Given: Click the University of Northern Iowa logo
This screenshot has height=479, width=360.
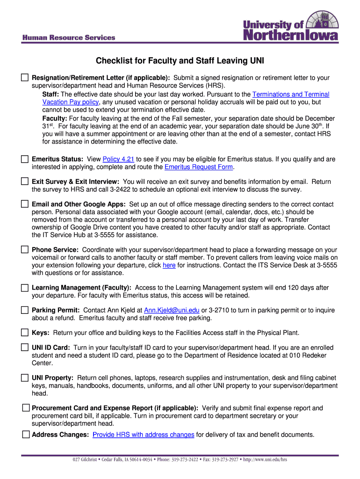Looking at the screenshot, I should (290, 27).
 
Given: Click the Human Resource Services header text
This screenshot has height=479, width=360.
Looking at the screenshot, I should (69, 37).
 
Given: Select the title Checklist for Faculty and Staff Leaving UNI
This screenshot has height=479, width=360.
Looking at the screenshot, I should (180, 61).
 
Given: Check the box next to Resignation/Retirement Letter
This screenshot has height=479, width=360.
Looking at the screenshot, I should (25, 77).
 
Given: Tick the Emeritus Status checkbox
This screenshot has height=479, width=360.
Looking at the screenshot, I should (25, 159).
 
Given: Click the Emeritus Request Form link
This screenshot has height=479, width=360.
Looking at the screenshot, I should (199, 167).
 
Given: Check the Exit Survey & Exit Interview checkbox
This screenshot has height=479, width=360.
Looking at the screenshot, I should (25, 181).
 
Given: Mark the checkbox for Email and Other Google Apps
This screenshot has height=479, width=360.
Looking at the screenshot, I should (25, 204).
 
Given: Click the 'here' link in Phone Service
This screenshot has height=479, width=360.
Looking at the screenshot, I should (169, 265).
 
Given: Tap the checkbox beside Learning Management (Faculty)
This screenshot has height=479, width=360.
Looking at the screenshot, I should (25, 287).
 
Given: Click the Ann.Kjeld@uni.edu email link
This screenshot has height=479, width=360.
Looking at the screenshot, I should (172, 310).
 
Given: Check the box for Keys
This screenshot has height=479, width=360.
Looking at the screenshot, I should (25, 333).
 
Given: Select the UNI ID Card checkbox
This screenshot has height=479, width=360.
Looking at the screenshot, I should (25, 348).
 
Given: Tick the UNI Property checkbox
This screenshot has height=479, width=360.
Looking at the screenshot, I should (25, 377).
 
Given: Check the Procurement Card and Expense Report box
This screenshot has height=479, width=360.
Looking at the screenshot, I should (26, 408).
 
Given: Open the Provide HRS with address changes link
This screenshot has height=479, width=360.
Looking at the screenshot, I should (143, 435).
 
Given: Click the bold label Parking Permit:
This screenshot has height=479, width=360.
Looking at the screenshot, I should (56, 310).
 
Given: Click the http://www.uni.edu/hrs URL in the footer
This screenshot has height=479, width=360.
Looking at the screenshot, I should (265, 459).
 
